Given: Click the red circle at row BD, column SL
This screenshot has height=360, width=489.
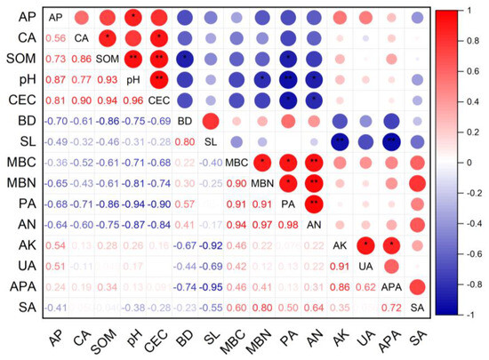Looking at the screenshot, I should (x=211, y=121).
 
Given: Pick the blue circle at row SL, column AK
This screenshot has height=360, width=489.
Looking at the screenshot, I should (x=341, y=142).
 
